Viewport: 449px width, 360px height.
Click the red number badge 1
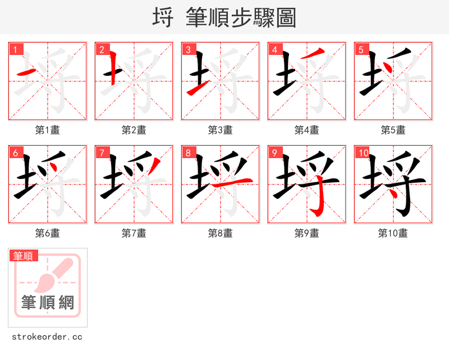click(x=15, y=49)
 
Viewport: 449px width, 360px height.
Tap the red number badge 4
click(x=274, y=49)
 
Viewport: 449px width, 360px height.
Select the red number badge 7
click(x=102, y=153)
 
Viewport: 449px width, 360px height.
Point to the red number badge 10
click(x=363, y=153)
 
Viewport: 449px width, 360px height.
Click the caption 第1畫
click(x=48, y=130)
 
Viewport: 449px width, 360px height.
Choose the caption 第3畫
click(x=221, y=130)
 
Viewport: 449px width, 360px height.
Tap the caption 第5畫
click(x=393, y=130)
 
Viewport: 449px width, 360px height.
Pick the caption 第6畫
click(x=48, y=233)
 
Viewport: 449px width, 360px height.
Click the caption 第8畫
click(x=221, y=233)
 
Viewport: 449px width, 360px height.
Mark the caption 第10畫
click(x=393, y=233)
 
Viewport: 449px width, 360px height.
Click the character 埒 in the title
click(x=163, y=18)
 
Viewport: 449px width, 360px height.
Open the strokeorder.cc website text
click(x=47, y=337)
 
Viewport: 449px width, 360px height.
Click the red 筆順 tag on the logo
click(x=24, y=256)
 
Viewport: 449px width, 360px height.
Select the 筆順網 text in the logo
click(x=48, y=303)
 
